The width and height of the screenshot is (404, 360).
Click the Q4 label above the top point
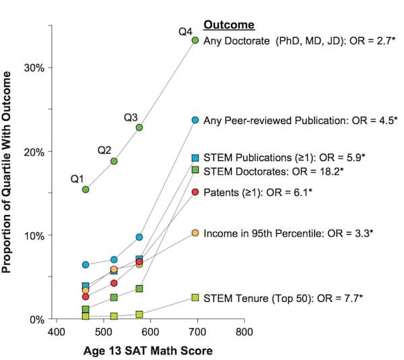click(186, 32)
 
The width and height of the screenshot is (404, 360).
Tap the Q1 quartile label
click(78, 179)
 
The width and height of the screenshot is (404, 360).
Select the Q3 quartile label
click(131, 118)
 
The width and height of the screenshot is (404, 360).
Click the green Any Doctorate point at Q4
click(195, 40)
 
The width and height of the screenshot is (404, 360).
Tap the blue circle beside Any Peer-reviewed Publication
click(195, 120)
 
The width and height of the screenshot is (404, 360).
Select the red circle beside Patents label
click(195, 192)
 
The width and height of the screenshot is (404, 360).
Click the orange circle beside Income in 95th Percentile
click(195, 233)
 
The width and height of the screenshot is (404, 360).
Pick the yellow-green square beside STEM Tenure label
click(195, 297)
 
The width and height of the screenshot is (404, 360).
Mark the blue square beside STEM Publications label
click(195, 158)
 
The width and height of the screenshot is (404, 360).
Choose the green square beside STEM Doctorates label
click(195, 171)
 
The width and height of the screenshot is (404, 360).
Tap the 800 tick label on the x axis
click(244, 332)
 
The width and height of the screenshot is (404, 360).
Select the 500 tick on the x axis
click(104, 332)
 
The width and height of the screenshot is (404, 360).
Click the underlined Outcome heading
click(229, 25)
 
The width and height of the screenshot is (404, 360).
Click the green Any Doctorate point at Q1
click(86, 189)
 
